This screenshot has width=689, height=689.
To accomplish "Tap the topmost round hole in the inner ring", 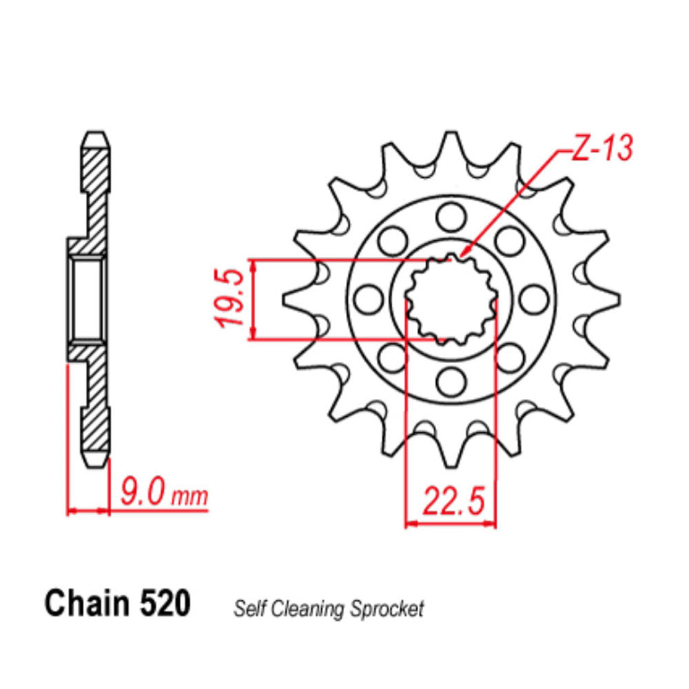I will tap(451, 218).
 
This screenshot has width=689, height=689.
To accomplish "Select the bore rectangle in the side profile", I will tap(88, 298).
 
